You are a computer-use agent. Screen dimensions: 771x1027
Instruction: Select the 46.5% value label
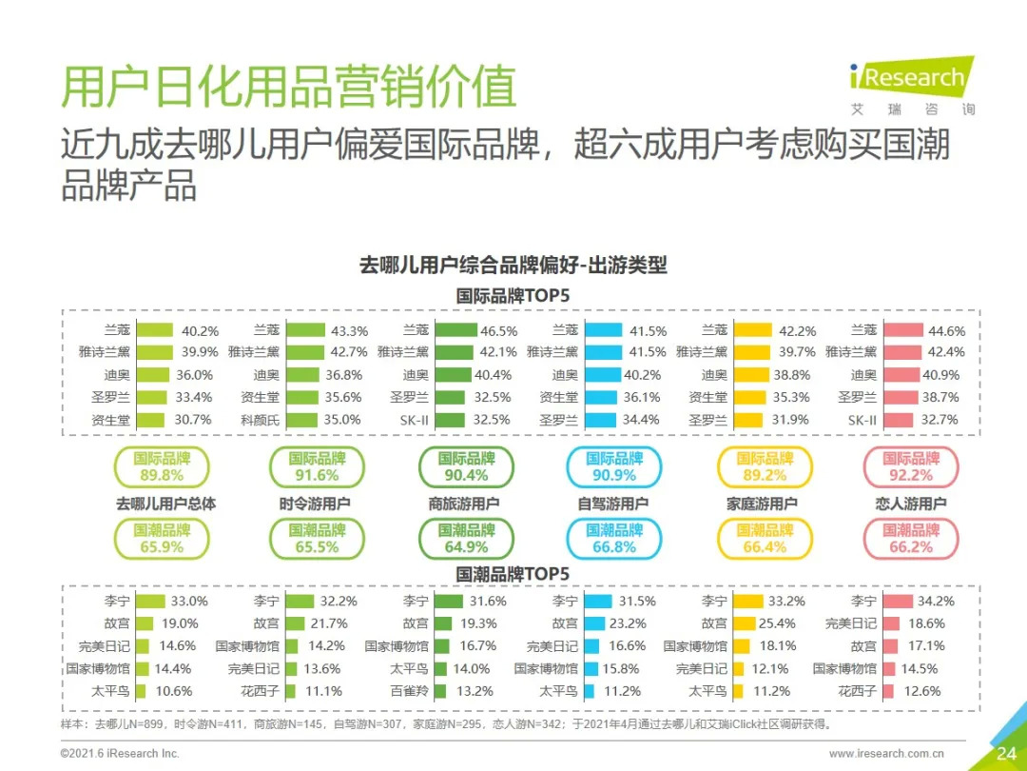(x=499, y=331)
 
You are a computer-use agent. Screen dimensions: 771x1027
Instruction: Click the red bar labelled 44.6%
(x=902, y=331)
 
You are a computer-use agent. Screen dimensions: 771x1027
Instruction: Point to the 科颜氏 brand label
(x=260, y=419)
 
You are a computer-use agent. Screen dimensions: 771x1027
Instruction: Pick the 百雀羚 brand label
(x=409, y=691)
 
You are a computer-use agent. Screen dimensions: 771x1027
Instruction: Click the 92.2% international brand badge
(x=910, y=467)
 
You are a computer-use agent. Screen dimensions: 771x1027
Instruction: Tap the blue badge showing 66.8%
(x=613, y=539)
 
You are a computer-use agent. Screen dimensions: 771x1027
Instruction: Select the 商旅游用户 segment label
(x=464, y=504)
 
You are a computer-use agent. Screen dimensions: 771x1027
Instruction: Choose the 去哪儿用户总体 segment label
(x=165, y=504)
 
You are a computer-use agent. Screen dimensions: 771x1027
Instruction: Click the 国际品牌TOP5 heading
(x=513, y=295)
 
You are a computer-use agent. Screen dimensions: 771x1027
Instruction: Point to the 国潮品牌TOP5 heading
(x=513, y=574)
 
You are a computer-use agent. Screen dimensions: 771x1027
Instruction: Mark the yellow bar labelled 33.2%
(x=749, y=602)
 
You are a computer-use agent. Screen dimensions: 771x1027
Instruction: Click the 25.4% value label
(x=777, y=623)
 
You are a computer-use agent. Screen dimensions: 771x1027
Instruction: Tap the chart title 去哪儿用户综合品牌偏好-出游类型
(x=513, y=266)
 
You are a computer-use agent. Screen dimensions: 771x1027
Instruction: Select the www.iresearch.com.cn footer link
(x=886, y=754)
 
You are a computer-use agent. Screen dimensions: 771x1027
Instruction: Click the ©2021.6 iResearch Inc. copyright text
(x=119, y=754)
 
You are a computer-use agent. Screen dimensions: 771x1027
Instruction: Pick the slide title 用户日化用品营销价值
(x=288, y=88)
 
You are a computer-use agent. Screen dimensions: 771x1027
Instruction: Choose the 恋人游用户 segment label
(x=910, y=504)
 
